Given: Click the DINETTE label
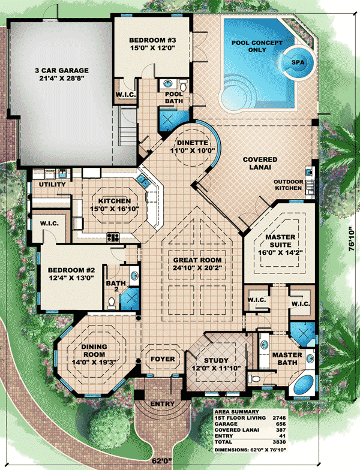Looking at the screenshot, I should point(192,143).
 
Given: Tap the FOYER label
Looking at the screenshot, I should point(163,359).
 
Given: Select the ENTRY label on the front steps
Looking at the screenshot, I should point(163,404).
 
